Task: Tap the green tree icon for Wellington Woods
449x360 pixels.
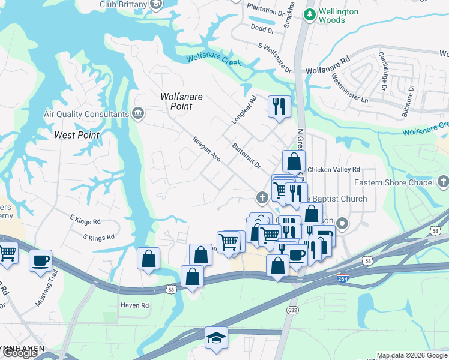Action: [309, 14]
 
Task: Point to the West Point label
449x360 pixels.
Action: [77, 135]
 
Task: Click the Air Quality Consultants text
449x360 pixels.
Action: [86, 114]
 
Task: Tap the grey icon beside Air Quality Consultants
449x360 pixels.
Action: [138, 113]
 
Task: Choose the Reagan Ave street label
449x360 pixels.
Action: [206, 149]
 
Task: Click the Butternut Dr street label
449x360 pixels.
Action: [247, 155]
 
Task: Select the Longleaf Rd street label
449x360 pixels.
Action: [244, 110]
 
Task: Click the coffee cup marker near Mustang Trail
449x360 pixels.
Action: [40, 261]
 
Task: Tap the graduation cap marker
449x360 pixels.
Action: [216, 338]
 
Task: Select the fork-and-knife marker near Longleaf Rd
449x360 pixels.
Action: [279, 107]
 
